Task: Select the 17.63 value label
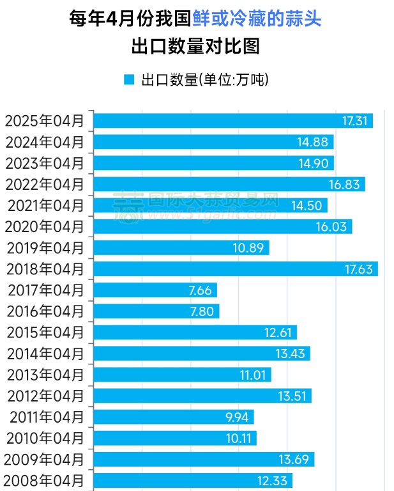tap(358, 269)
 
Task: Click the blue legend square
tap(129, 80)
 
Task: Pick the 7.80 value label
tap(202, 311)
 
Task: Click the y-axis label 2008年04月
tap(43, 480)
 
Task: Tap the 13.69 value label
tap(294, 460)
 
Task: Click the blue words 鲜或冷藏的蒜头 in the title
tap(257, 19)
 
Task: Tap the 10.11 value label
tap(239, 439)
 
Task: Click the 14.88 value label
tap(313, 143)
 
